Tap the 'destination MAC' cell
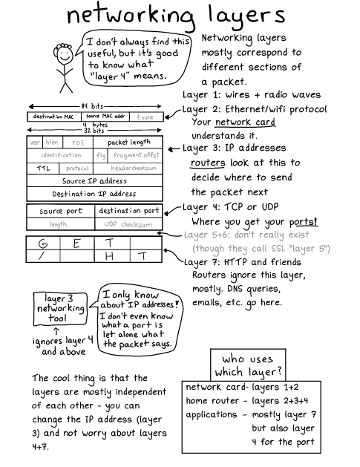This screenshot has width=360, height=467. coord(53,117)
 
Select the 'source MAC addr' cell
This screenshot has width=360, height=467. coord(106,117)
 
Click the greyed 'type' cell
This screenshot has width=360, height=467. coord(145,117)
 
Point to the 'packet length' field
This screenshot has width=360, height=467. coord(128,142)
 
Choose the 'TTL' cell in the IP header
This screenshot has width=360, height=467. coord(42,168)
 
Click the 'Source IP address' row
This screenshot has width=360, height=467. coord(94,180)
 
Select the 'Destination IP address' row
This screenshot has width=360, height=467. coord(94,194)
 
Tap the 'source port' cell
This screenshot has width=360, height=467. coord(62,211)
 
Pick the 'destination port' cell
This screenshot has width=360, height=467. coord(128,211)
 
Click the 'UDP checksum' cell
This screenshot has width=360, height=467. coord(128,223)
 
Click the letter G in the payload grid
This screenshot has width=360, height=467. coord(44,243)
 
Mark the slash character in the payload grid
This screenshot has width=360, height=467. coord(43,256)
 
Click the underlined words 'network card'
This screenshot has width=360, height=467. coord(240,123)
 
